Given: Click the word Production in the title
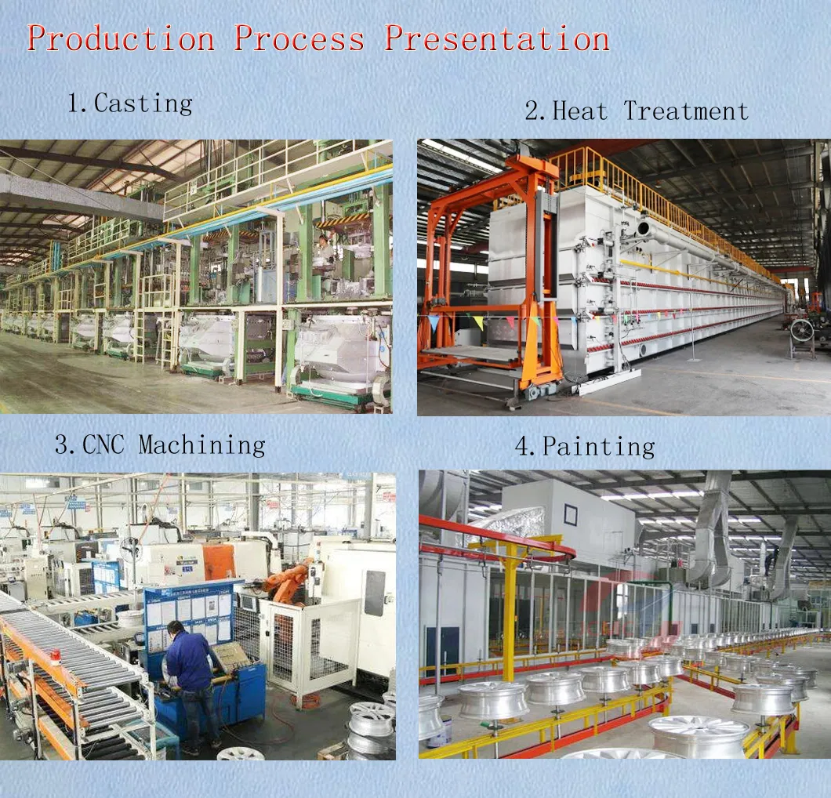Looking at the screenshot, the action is click(x=122, y=38).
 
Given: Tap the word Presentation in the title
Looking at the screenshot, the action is click(x=496, y=38).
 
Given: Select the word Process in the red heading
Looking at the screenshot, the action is click(x=299, y=38).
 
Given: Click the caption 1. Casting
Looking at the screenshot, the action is click(x=130, y=103).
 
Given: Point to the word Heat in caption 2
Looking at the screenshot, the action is click(x=580, y=111).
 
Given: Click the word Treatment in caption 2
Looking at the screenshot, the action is click(x=686, y=111).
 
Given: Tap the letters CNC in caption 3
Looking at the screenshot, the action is click(x=103, y=444).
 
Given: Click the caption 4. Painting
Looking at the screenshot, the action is click(x=585, y=447).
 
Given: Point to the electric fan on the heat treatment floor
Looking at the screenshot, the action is click(x=800, y=332).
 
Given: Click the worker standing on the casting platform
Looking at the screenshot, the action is click(x=323, y=249).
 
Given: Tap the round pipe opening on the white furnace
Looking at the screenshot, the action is click(x=644, y=229).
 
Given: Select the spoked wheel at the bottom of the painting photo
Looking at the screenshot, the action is click(x=699, y=737).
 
